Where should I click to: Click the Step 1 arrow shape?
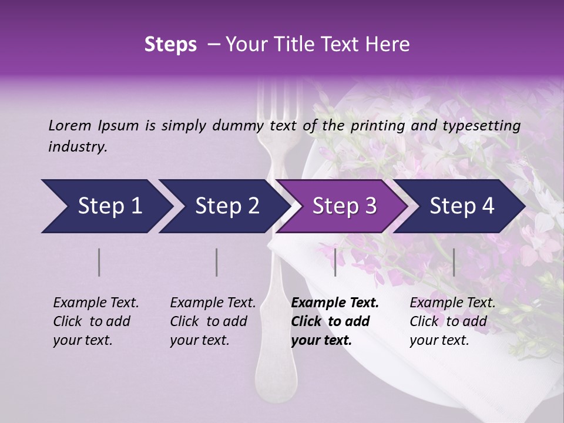click(106, 206)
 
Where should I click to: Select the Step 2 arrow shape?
click(223, 206)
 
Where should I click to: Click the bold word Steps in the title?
click(170, 45)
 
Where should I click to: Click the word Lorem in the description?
click(70, 125)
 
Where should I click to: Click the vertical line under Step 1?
click(99, 262)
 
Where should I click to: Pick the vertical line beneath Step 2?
click(217, 262)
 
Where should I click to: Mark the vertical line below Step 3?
click(335, 262)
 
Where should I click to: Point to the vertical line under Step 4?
click(454, 262)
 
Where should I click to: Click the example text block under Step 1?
click(95, 321)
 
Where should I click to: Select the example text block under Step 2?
click(212, 321)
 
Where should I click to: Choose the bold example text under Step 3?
click(334, 321)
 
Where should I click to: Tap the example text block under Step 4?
click(452, 321)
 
